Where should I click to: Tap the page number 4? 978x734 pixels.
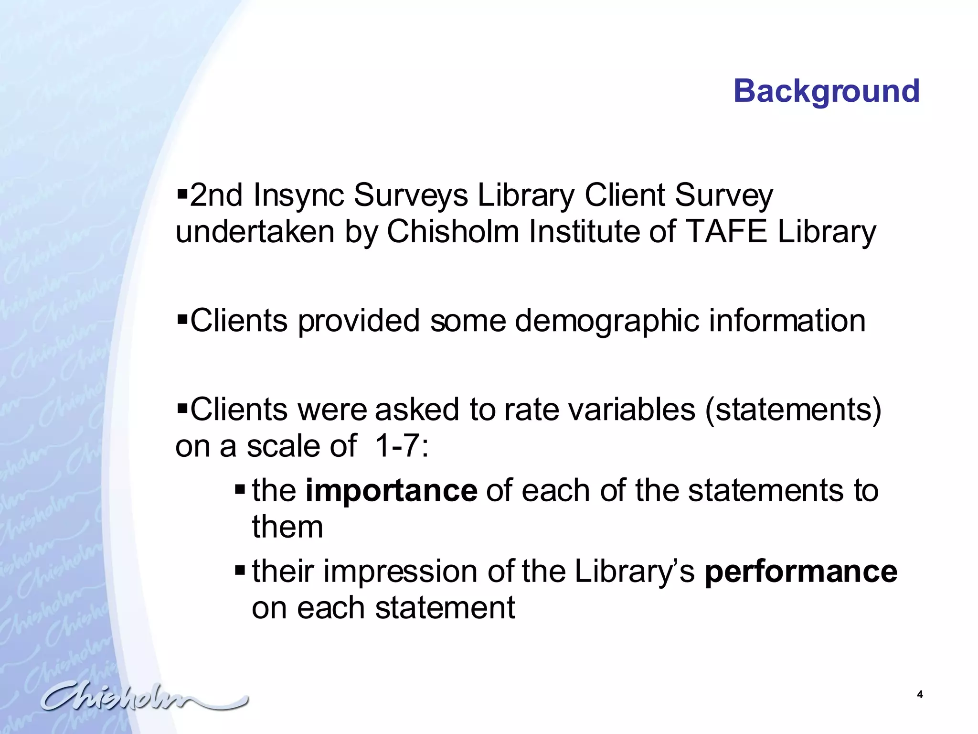(x=920, y=694)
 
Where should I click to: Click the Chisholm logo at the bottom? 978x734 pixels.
(x=143, y=699)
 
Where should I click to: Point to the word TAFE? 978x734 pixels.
(x=726, y=232)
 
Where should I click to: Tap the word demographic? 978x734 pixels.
(x=606, y=321)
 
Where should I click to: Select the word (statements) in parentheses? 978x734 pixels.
(x=793, y=410)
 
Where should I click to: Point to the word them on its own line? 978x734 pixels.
(x=287, y=527)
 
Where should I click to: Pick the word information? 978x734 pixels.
(x=787, y=321)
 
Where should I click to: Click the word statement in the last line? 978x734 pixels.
(x=445, y=608)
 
